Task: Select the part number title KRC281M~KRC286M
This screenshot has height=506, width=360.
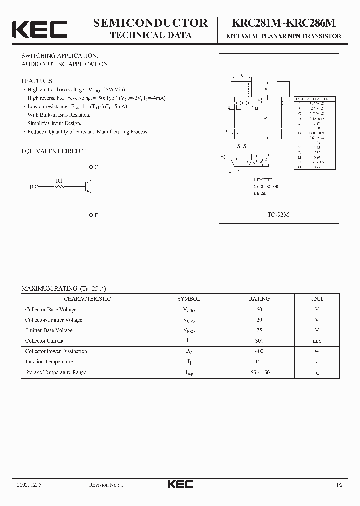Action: (x=283, y=23)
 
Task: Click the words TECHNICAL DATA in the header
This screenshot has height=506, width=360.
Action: (x=150, y=35)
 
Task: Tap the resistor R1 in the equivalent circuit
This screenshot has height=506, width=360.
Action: (x=60, y=187)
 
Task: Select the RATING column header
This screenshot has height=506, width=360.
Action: (x=259, y=299)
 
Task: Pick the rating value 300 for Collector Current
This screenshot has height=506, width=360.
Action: (x=259, y=341)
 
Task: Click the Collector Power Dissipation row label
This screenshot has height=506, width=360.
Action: (x=56, y=351)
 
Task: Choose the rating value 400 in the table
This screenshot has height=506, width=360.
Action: (x=259, y=351)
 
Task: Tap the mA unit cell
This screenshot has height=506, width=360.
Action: (x=317, y=341)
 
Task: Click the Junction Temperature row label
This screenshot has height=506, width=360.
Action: (x=49, y=362)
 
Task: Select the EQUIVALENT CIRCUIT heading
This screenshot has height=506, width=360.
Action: (x=53, y=151)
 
